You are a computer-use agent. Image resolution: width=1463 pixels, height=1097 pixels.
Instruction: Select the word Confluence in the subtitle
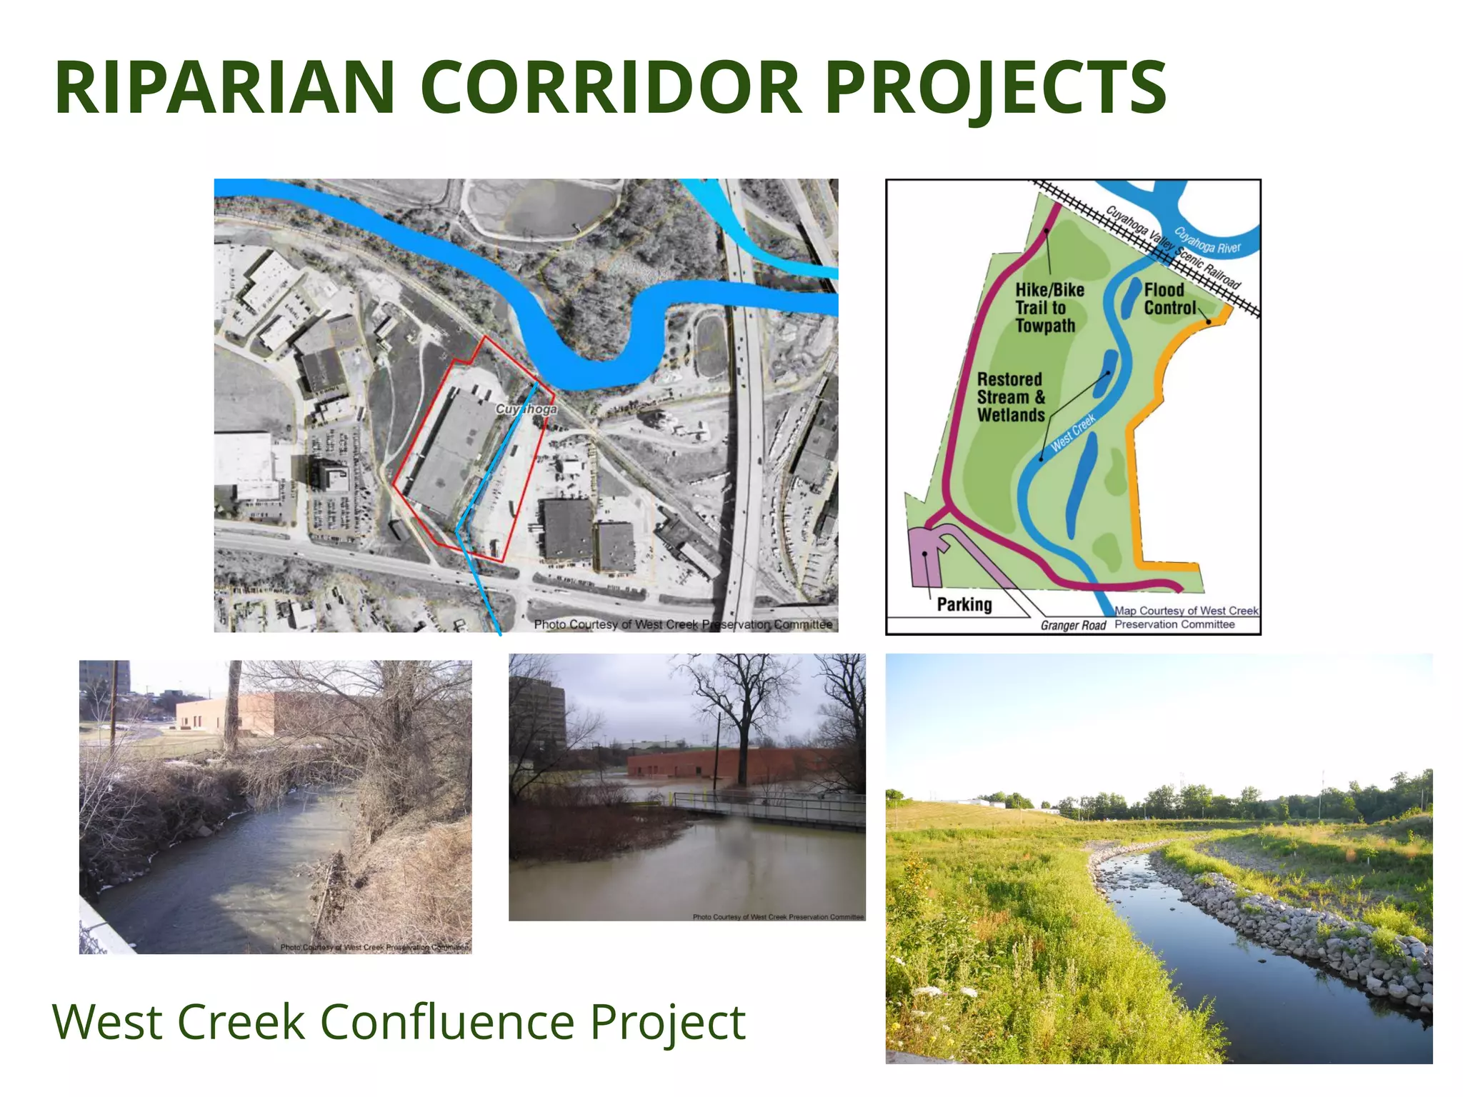click(x=447, y=1022)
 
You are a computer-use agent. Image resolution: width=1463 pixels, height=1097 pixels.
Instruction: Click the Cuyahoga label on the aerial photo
click(x=526, y=409)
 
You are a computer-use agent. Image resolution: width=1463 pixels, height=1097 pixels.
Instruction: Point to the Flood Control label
click(x=1169, y=299)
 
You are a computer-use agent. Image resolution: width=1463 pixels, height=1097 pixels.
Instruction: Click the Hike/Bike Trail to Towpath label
click(x=1049, y=308)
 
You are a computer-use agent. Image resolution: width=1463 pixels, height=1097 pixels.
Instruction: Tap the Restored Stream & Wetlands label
click(x=1010, y=397)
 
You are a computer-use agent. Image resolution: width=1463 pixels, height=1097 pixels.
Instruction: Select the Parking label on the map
click(x=964, y=605)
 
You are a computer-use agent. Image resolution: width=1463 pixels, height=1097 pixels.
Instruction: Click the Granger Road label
click(x=1073, y=626)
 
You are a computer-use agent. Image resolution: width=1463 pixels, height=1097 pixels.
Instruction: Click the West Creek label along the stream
click(x=1073, y=433)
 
